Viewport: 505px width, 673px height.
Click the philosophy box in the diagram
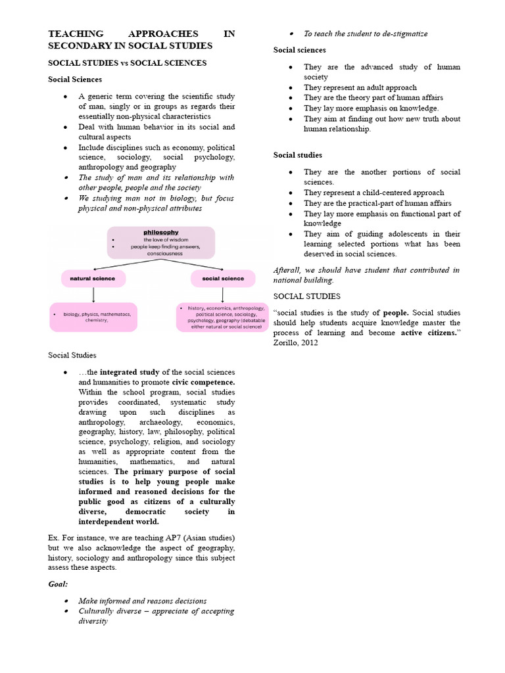click(x=161, y=242)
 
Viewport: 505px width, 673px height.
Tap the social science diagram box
click(x=222, y=279)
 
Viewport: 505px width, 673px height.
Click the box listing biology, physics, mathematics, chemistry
click(x=93, y=317)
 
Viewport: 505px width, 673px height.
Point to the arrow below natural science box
click(x=93, y=294)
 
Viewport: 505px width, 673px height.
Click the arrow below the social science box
click(x=222, y=294)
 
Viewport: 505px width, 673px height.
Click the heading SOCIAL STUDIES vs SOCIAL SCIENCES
click(x=128, y=63)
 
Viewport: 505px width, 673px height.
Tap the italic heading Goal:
click(x=59, y=584)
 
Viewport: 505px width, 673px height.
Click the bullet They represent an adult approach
click(x=360, y=87)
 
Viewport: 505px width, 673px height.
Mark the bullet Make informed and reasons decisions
click(x=142, y=601)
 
